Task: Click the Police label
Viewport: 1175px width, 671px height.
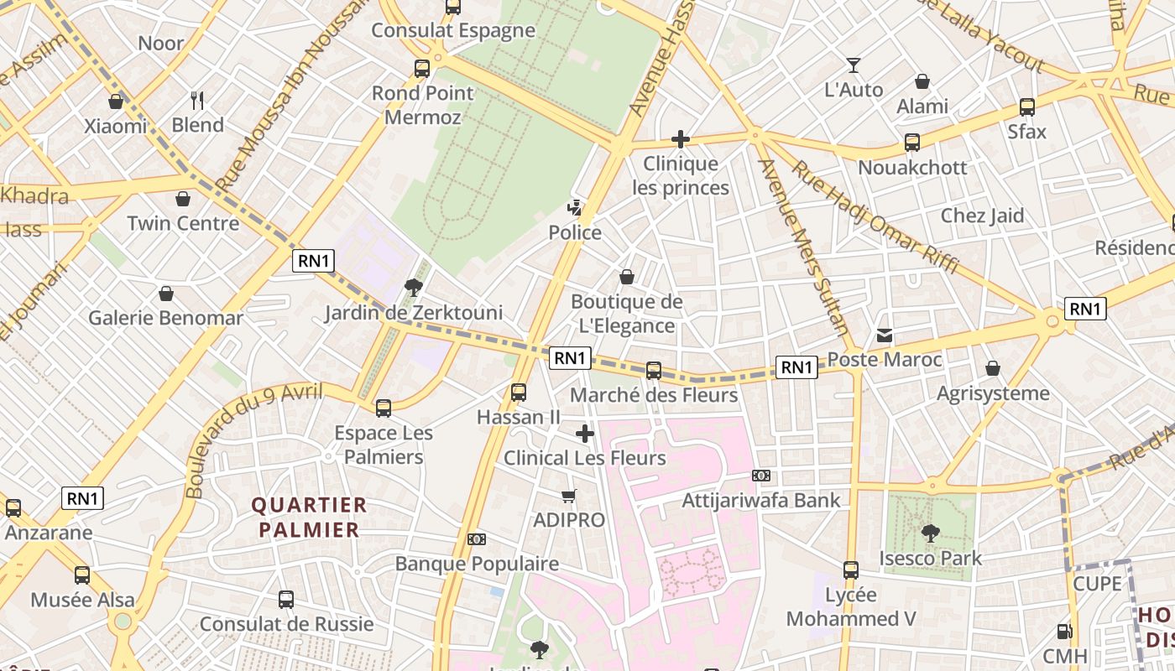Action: point(575,232)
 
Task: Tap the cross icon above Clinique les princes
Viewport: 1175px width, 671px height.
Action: point(681,139)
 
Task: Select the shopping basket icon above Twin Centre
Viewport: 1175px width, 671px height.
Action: point(183,199)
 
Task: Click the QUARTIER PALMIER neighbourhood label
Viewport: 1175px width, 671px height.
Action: point(309,517)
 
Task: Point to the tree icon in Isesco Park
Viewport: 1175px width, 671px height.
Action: point(930,533)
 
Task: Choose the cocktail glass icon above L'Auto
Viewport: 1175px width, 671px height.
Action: point(854,65)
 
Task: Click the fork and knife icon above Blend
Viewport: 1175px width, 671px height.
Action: point(198,101)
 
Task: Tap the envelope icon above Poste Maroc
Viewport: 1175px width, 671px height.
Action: point(885,335)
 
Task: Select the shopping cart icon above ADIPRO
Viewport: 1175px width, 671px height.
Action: point(569,496)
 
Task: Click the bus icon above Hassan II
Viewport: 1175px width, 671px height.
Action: point(519,392)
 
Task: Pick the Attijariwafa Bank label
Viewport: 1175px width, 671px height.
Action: point(761,501)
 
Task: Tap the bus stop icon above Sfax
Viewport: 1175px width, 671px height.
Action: point(1027,107)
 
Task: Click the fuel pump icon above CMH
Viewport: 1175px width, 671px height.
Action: point(1064,632)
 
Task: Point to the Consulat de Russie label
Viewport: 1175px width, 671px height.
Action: point(286,624)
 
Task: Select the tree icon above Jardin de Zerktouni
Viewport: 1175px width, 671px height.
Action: point(413,288)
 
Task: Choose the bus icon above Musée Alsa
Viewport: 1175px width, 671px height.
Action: point(82,575)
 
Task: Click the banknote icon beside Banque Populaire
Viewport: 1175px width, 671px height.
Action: point(477,539)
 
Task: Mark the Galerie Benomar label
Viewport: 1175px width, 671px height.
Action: point(165,318)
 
